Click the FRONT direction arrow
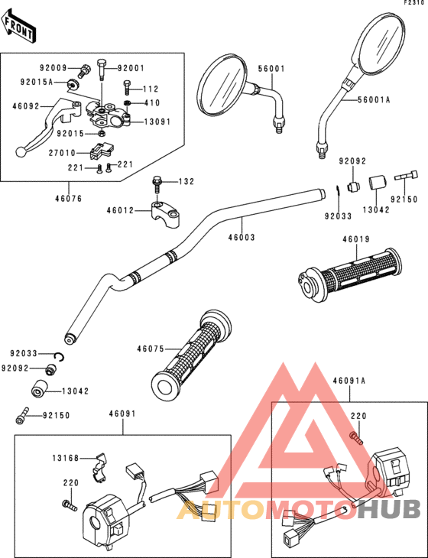coord(18,29)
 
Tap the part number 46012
coord(121,209)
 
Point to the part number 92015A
coord(36,81)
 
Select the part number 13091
coord(157,122)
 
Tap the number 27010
coord(63,153)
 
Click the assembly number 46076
coord(68,197)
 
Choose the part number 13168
coord(67,458)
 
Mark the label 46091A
coord(349,380)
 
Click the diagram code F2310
coord(413,4)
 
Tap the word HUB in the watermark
coord(391,508)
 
